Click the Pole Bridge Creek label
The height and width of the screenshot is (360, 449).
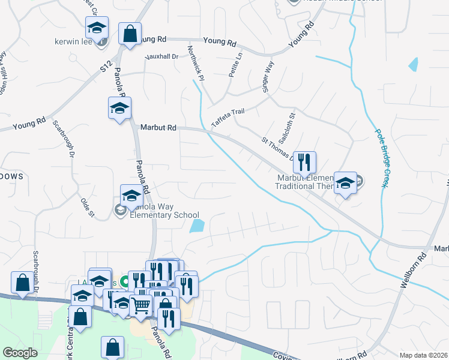pos(379,158)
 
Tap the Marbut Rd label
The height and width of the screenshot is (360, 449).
pos(158,127)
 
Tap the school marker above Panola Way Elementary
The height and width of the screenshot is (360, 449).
pos(131,194)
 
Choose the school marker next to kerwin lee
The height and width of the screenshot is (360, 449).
pos(97,27)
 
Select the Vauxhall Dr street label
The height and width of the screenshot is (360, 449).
pos(162,56)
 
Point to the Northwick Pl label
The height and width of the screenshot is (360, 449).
pos(196,62)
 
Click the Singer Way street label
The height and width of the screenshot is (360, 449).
pos(268,76)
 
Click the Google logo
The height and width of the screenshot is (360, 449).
pos(20,352)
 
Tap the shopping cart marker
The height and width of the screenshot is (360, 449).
pos(141,305)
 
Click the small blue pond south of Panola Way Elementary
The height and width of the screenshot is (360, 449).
pos(196,226)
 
